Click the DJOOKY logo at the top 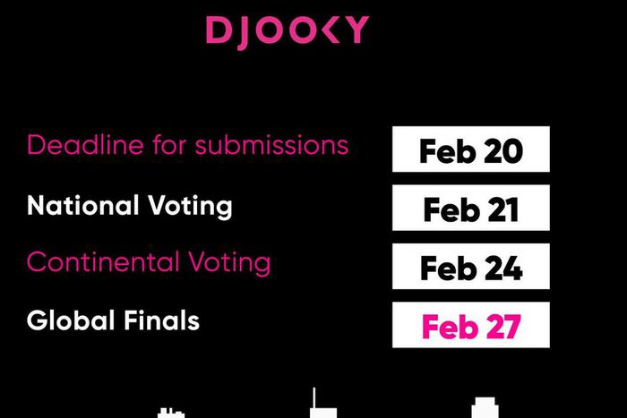[287, 30]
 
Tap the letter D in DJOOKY [218, 30]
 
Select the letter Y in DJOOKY [356, 30]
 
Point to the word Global [66, 320]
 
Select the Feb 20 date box [470, 150]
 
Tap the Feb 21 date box [470, 209]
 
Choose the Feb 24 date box [470, 268]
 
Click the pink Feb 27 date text [470, 326]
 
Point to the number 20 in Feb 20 [502, 150]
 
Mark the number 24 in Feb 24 [502, 268]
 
